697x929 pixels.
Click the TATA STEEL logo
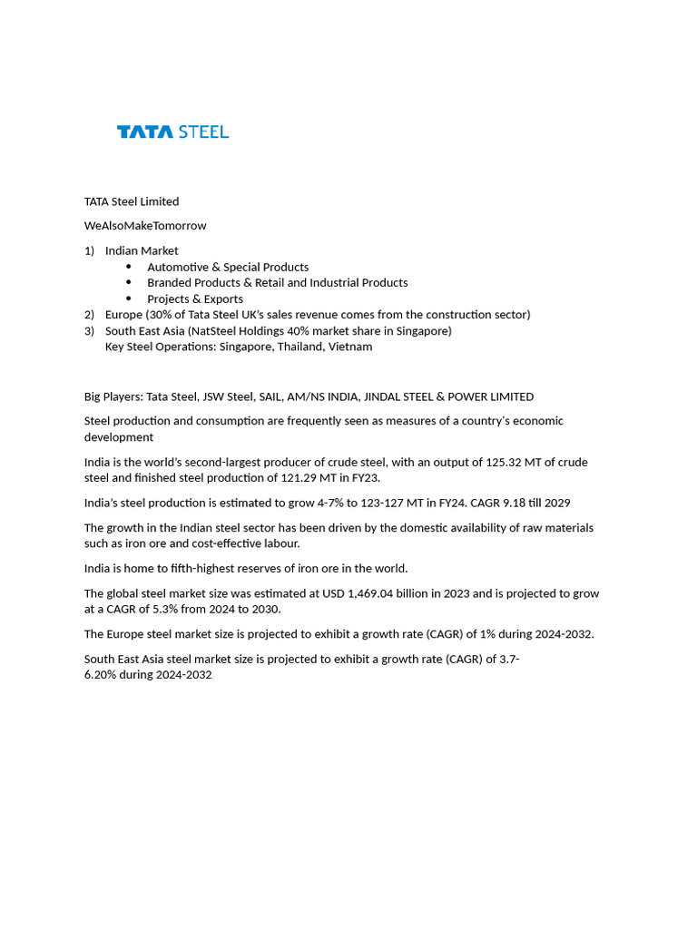[x=172, y=132]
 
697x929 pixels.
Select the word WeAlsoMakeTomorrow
[x=145, y=226]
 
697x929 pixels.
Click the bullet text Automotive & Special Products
[x=228, y=267]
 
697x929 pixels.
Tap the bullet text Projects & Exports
[x=195, y=298]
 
